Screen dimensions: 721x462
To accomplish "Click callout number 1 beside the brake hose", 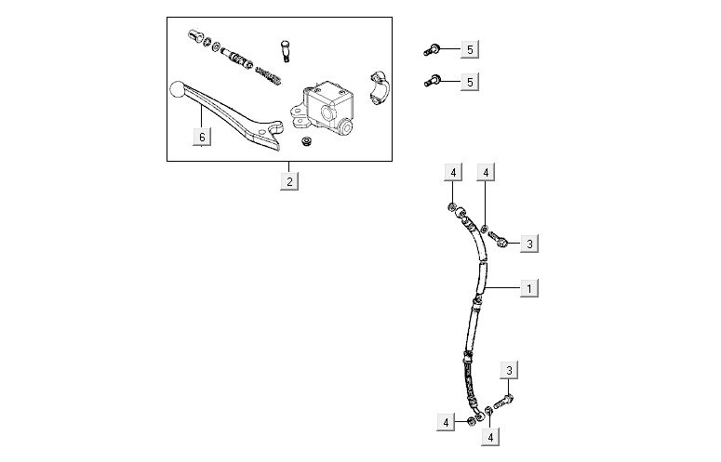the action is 528,288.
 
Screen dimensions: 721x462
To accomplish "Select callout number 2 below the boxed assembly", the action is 289,181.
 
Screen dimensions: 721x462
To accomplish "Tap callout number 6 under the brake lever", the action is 202,137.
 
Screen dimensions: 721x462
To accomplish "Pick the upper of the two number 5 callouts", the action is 470,49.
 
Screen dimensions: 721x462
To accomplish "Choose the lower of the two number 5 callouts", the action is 470,82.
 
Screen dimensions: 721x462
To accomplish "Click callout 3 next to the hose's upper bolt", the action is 529,244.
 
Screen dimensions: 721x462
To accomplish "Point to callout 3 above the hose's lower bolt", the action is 509,370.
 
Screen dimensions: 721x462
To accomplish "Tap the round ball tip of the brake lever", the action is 178,89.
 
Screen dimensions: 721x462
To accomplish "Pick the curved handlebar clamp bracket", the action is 380,88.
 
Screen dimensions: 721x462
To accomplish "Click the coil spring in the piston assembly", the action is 269,76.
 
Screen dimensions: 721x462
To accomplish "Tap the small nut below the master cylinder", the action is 304,141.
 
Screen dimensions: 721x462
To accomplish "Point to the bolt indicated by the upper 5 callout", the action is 432,49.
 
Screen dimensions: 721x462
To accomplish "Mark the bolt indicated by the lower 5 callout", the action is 432,82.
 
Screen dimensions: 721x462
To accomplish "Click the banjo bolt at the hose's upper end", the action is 498,239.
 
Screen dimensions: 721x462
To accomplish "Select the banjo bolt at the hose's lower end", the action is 504,402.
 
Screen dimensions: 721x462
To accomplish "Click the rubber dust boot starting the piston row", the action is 194,36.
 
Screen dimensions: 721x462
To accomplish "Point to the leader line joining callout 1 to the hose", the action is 502,288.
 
